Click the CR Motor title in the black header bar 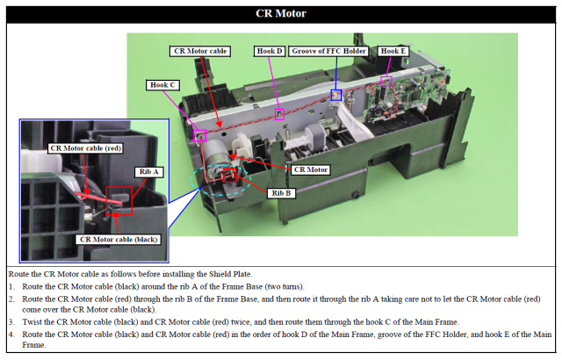click(x=280, y=13)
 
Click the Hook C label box click(x=162, y=84)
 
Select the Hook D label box click(x=269, y=51)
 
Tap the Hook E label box click(x=393, y=51)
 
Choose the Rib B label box click(x=282, y=192)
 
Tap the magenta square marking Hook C click(x=200, y=136)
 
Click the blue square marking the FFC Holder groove click(x=335, y=94)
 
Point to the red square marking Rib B click(x=231, y=175)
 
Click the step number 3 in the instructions click(x=10, y=321)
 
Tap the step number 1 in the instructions click(x=10, y=286)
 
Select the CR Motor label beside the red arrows click(x=311, y=169)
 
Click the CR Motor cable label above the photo click(x=201, y=51)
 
